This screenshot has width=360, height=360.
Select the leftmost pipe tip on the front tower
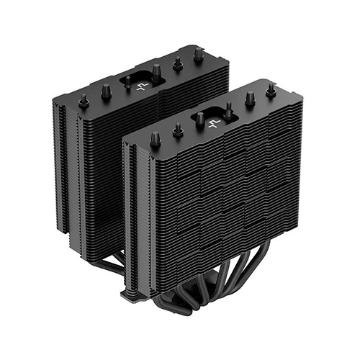154,138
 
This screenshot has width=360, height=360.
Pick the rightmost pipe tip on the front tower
271,90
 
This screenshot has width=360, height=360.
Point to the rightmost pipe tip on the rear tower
198,54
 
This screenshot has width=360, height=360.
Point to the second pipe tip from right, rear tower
176,62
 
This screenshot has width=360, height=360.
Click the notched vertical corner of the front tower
129,216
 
